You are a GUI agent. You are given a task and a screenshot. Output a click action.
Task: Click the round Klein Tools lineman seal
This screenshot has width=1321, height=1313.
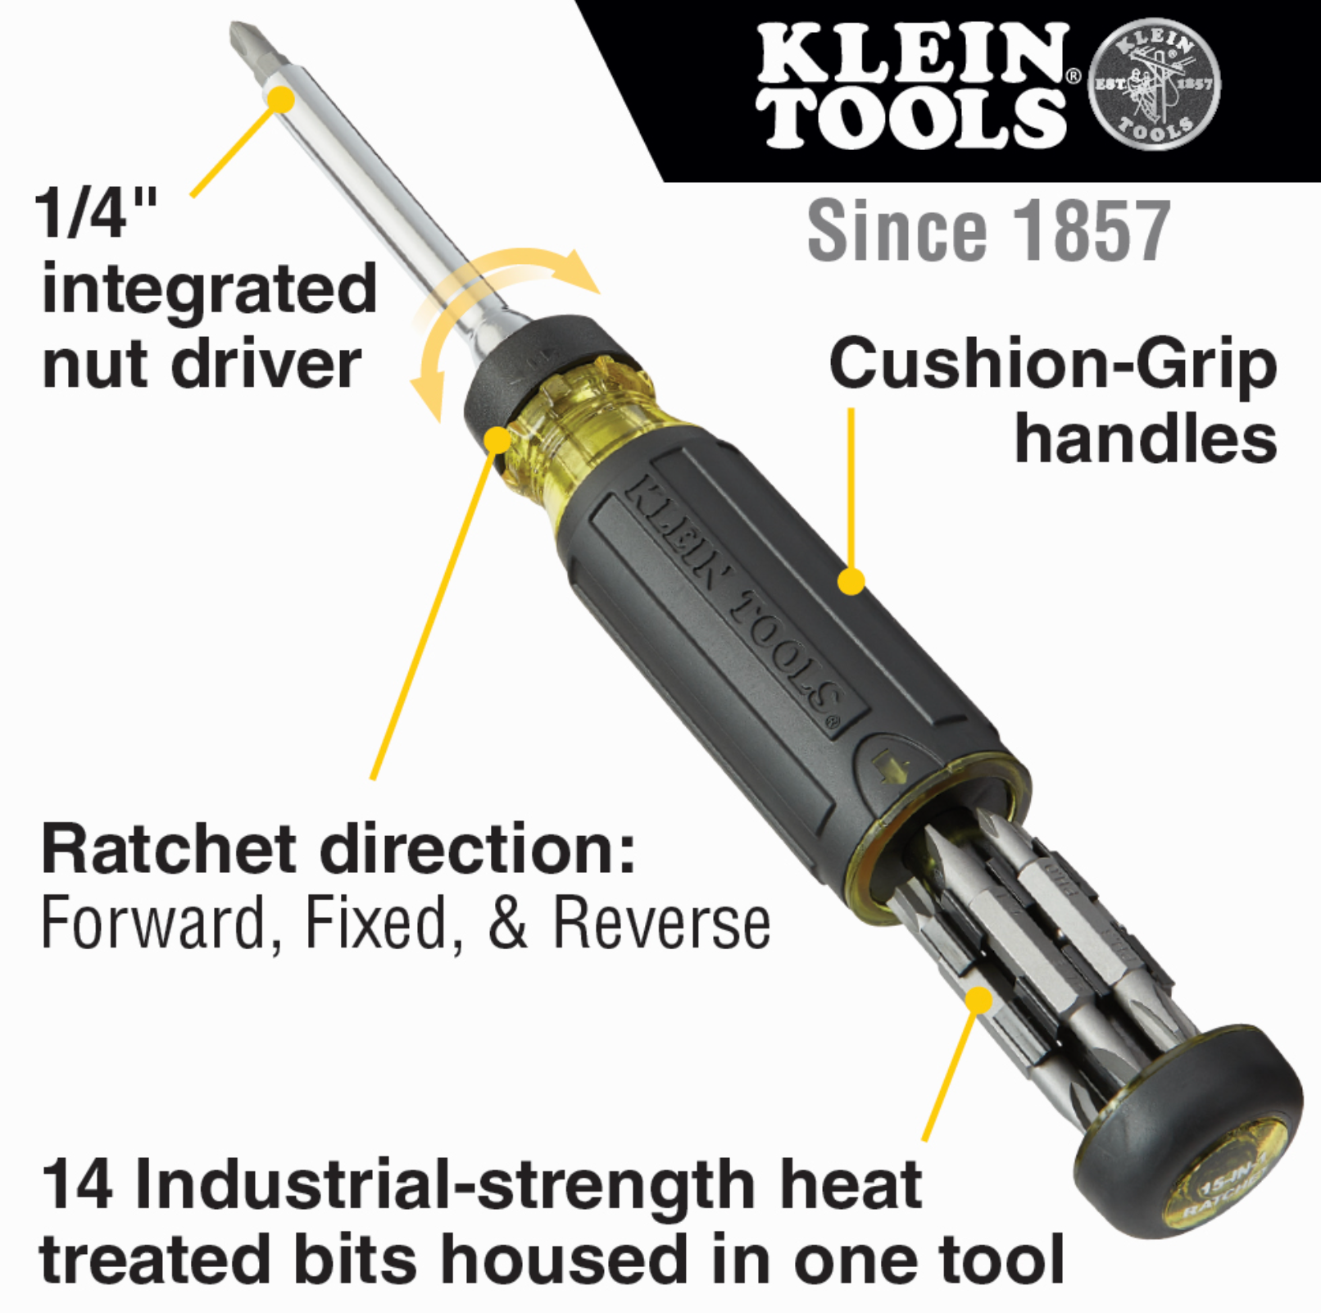(x=1154, y=84)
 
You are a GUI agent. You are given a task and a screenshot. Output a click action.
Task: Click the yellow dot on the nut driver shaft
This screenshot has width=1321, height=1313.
(x=281, y=100)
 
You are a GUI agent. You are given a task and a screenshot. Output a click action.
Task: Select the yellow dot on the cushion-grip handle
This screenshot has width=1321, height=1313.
(x=851, y=581)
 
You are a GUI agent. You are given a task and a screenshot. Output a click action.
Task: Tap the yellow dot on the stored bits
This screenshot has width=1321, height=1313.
(x=978, y=1000)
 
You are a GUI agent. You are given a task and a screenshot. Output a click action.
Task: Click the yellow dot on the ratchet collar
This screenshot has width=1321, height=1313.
(x=497, y=439)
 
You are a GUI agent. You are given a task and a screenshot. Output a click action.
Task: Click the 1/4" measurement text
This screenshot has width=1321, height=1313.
(x=95, y=212)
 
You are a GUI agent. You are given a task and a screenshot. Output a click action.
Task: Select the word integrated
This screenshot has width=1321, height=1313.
(x=209, y=291)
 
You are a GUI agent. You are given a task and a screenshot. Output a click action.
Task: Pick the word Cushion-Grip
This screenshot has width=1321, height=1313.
(x=1053, y=365)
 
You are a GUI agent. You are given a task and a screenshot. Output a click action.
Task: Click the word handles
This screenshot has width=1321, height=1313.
(x=1146, y=438)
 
